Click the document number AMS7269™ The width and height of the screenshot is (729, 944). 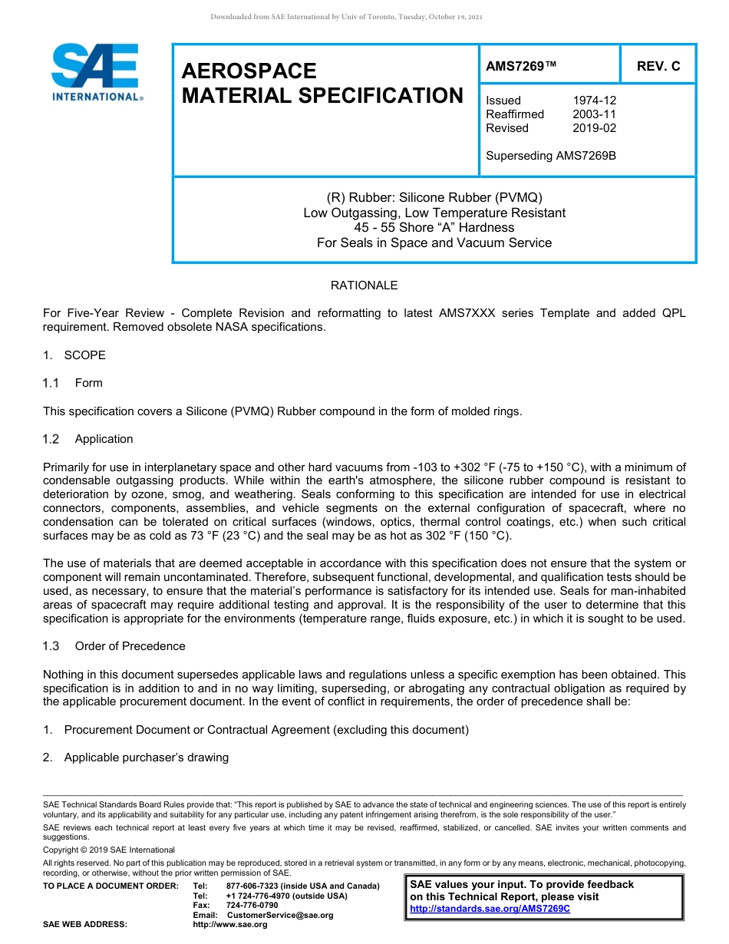point(521,67)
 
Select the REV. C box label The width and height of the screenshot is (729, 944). point(658,67)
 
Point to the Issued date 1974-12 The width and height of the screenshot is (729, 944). point(594,101)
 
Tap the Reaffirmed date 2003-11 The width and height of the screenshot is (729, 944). point(594,114)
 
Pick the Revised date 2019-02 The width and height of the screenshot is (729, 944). point(594,128)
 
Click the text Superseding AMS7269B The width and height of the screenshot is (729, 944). point(551,156)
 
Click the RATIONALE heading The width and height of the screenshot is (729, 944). point(364,286)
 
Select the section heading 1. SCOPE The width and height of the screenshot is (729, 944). point(74,355)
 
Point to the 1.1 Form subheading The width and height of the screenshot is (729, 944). point(73,383)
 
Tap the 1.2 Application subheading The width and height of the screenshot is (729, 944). point(88,439)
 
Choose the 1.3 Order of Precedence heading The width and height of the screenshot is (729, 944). point(114,646)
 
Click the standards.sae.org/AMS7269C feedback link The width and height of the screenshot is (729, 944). point(490,909)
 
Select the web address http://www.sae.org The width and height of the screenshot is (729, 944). point(230,925)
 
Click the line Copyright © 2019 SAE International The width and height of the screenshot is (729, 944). point(109,850)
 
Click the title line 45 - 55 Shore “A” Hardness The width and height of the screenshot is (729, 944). point(434,228)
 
